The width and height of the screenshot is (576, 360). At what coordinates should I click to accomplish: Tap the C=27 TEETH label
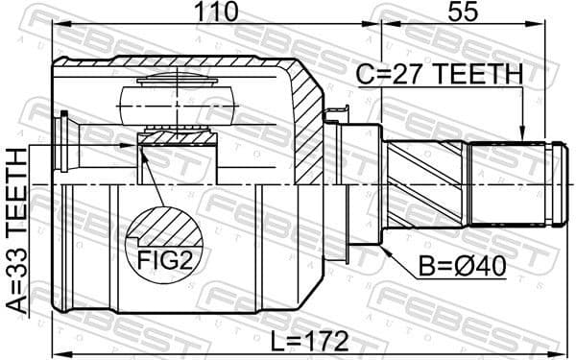click(x=442, y=74)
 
